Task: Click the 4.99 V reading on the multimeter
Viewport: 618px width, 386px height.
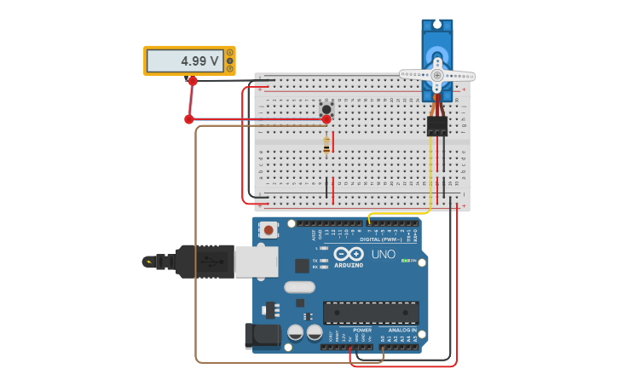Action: point(199,61)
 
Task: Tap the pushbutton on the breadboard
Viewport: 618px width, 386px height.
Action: point(326,108)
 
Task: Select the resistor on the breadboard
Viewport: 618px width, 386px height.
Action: point(326,147)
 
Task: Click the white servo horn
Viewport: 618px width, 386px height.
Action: point(437,75)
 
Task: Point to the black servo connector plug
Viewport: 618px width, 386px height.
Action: point(437,126)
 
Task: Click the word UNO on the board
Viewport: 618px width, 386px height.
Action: point(383,254)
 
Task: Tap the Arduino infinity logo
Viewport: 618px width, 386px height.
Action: point(349,254)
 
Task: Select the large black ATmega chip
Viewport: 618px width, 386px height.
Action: point(371,313)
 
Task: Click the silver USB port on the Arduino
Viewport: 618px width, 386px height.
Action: point(256,262)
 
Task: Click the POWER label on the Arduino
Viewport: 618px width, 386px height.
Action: point(362,330)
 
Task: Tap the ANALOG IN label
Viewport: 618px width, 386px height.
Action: point(403,330)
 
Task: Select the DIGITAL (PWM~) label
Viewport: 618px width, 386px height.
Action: point(383,239)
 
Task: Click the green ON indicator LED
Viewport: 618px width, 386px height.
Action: point(405,261)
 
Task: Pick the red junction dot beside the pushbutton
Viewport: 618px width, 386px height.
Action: point(326,119)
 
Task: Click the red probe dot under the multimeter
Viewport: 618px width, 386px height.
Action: point(193,81)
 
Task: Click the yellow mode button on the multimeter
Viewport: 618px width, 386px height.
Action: point(229,60)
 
